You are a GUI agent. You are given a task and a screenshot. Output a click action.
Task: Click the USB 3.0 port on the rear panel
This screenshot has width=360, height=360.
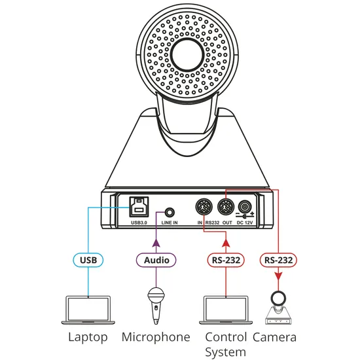click(137, 209)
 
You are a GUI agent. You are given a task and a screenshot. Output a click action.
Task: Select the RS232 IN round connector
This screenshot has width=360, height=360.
click(204, 209)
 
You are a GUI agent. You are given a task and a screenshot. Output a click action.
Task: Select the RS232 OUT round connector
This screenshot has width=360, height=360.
click(225, 209)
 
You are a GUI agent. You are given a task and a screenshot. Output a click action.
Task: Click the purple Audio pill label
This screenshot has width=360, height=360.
click(156, 260)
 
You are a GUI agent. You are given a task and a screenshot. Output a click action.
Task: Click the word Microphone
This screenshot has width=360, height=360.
click(156, 338)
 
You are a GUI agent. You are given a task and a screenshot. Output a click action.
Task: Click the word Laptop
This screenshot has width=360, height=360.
click(88, 338)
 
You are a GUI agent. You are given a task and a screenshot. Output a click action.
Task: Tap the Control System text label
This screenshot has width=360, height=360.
click(226, 344)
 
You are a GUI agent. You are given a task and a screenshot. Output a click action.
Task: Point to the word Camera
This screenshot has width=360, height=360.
click(276, 338)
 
